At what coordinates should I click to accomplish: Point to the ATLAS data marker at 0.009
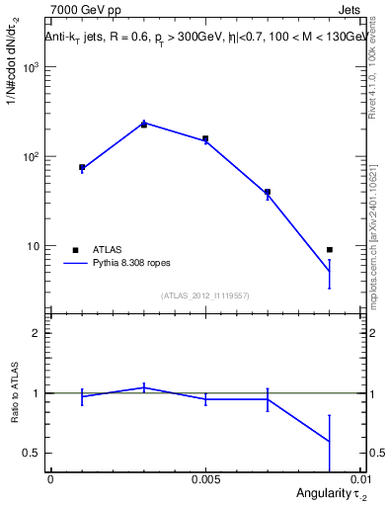point(330,250)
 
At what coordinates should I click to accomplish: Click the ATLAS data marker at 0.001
point(82,168)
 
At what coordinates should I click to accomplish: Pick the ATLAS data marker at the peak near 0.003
point(144,125)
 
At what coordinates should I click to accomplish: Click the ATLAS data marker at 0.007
point(268,192)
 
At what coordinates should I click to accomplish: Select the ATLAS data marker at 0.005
point(205,139)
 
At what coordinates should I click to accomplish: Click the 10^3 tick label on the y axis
point(32,67)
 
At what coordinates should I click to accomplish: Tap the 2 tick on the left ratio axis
point(39,333)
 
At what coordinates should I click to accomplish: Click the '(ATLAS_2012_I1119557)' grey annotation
point(205,295)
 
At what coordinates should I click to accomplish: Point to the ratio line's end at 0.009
point(330,442)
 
